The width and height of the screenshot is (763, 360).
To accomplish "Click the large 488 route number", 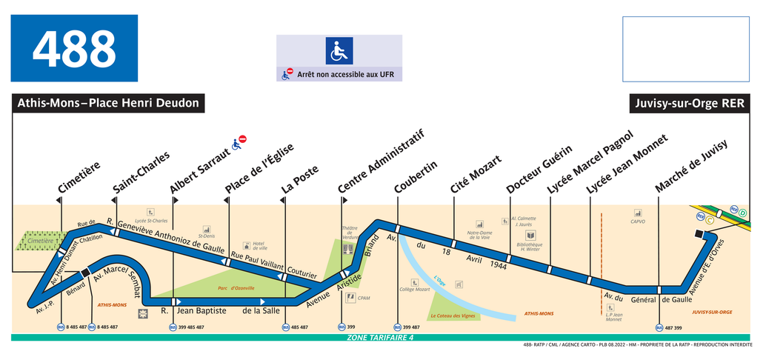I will tap(74, 49).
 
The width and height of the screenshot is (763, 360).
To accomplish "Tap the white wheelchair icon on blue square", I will tap(339, 50).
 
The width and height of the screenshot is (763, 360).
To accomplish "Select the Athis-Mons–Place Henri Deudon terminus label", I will tap(108, 103).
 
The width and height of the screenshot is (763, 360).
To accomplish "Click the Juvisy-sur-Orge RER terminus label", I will tap(690, 103).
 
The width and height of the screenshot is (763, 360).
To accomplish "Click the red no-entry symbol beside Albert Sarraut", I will tap(242, 139).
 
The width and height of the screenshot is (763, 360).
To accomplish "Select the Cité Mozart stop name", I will tap(476, 175).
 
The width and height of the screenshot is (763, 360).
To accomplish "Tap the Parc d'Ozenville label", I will tap(237, 287).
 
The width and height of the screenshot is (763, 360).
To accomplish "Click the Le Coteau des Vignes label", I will tap(452, 316).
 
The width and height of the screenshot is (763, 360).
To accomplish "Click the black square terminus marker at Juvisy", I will tap(699, 235).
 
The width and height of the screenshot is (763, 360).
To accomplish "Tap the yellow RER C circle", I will tap(710, 220).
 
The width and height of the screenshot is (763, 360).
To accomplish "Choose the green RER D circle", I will tap(743, 213).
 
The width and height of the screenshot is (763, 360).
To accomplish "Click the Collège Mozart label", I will tap(415, 290).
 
